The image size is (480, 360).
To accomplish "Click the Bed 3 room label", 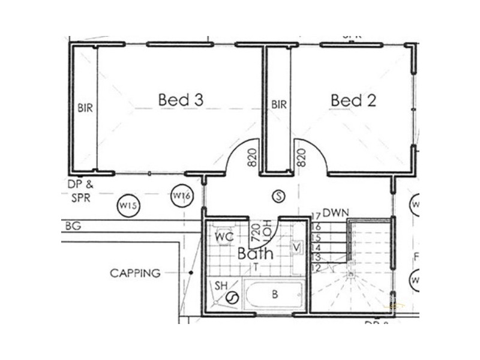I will pos(181,100).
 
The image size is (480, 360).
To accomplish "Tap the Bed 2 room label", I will pos(353,100).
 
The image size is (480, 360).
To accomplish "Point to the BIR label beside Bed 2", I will pos(278,104).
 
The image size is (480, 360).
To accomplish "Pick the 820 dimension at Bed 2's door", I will pos(301,158).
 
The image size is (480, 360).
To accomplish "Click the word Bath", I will pos(254,253).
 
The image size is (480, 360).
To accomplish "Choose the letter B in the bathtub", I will pos(275,294).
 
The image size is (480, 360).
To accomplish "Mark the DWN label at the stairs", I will pos(335,214).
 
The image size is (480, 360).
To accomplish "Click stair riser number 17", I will pos(316,217).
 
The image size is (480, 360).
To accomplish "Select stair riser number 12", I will pos(316,268).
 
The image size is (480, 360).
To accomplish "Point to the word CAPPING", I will pos(135,273).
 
